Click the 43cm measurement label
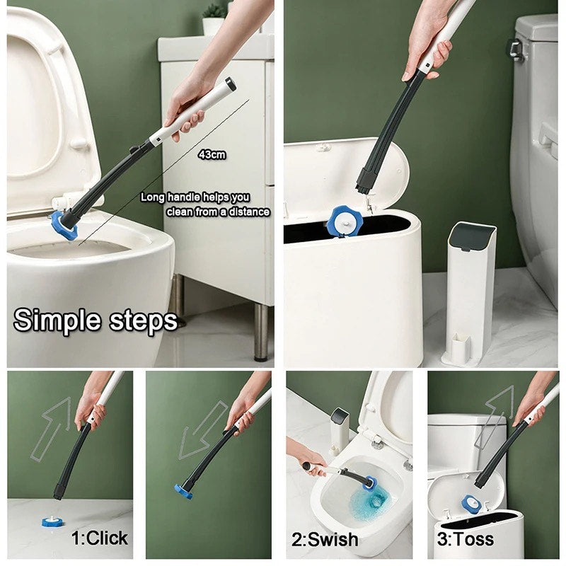212,154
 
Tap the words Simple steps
96,320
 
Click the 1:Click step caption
100,538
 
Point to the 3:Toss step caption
465,539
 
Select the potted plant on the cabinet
213,20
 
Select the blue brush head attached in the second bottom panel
184,491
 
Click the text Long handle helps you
195,197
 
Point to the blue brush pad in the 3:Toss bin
470,504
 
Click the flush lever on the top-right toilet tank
516,50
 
